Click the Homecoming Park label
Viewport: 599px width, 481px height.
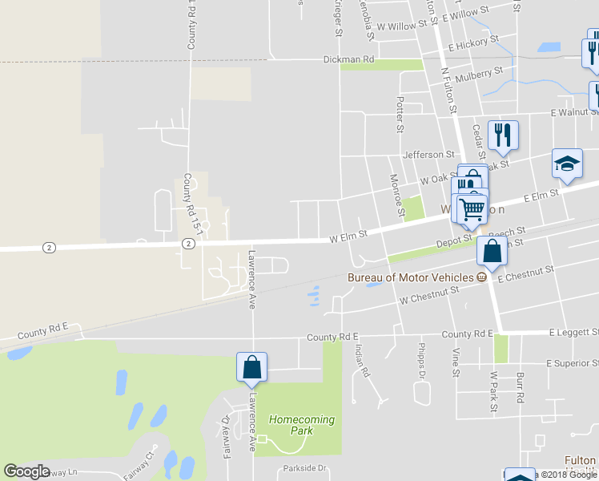tap(301, 425)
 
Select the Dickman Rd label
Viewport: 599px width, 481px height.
tap(348, 59)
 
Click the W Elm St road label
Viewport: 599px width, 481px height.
tap(348, 236)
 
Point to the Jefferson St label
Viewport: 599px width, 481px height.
tap(428, 154)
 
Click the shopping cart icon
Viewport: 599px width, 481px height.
tap(472, 209)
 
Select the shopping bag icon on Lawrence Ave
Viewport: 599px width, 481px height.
tap(251, 367)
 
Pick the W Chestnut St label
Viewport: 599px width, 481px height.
tap(429, 297)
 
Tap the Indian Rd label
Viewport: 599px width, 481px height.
tap(363, 362)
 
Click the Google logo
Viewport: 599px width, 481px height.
tap(26, 471)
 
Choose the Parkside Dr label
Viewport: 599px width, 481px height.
tap(305, 468)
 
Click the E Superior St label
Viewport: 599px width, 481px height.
tap(572, 363)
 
